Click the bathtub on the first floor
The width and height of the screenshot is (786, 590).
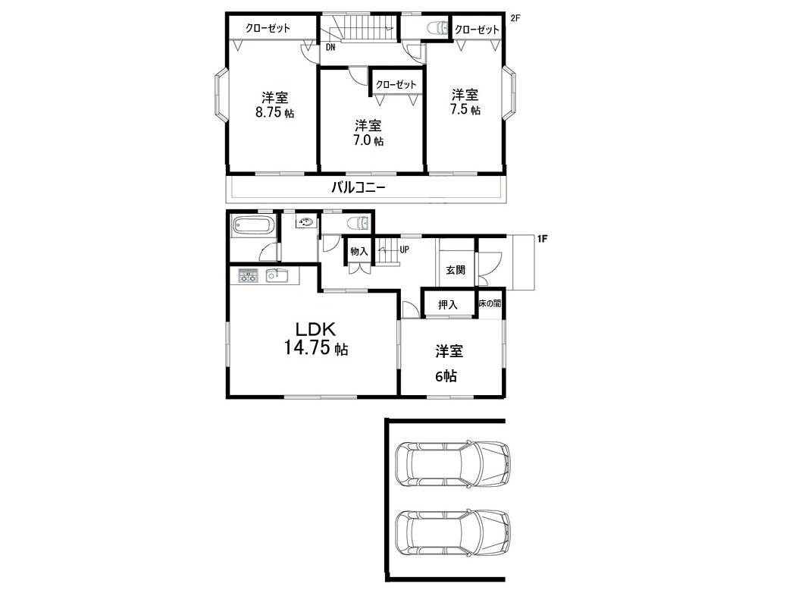tap(253, 226)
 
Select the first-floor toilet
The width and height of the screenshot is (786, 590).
tap(359, 221)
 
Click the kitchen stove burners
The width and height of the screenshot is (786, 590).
tap(248, 275)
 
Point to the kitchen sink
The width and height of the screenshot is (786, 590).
tap(276, 275)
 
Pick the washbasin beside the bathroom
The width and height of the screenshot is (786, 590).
tap(307, 221)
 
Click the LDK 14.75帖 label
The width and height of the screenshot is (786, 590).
tap(316, 339)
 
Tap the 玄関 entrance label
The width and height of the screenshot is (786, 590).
tap(456, 270)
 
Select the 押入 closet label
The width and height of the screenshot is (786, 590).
tap(448, 305)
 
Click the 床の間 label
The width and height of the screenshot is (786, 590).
tap(490, 303)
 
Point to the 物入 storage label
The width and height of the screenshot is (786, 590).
tap(359, 251)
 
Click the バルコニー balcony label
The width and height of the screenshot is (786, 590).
tap(359, 188)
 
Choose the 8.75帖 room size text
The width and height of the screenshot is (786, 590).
tap(274, 112)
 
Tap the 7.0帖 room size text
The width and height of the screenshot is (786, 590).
tap(368, 140)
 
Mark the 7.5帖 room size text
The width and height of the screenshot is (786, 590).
tap(465, 109)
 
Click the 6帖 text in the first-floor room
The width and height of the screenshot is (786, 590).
tap(446, 376)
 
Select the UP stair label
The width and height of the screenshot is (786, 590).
tap(404, 249)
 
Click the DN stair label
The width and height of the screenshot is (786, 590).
tap(330, 48)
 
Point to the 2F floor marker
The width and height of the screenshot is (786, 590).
tap(515, 18)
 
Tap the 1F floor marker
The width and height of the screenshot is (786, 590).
tap(542, 239)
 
